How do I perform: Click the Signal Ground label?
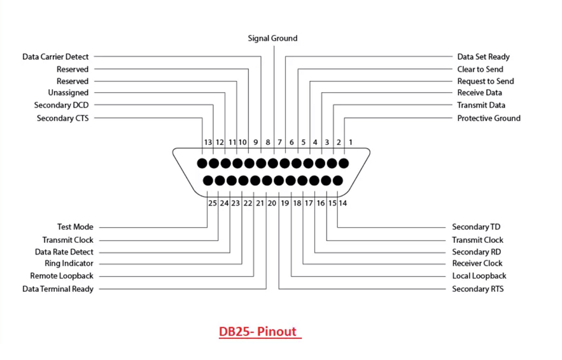pyautogui.click(x=272, y=39)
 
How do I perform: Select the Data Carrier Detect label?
pyautogui.click(x=55, y=57)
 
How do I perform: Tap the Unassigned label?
pyautogui.click(x=68, y=93)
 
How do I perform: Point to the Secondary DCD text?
pyautogui.click(x=61, y=106)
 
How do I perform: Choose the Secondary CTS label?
pyautogui.click(x=62, y=118)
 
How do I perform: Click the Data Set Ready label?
pyautogui.click(x=483, y=57)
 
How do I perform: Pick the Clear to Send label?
pyautogui.click(x=480, y=69)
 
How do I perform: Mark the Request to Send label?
pyautogui.click(x=485, y=81)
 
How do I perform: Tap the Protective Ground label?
pyautogui.click(x=488, y=118)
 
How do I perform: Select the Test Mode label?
pyautogui.click(x=75, y=227)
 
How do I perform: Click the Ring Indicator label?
pyautogui.click(x=69, y=263)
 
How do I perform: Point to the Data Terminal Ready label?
pyautogui.click(x=58, y=289)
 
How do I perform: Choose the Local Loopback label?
pyautogui.click(x=479, y=276)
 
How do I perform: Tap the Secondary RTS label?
pyautogui.click(x=477, y=289)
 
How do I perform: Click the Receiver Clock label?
pyautogui.click(x=477, y=263)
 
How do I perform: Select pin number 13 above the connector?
pyautogui.click(x=207, y=142)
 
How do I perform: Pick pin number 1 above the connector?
pyautogui.click(x=350, y=142)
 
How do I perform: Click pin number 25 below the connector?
pyautogui.click(x=213, y=204)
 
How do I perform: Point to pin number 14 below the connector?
pyautogui.click(x=343, y=204)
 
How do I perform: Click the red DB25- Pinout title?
pyautogui.click(x=259, y=332)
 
